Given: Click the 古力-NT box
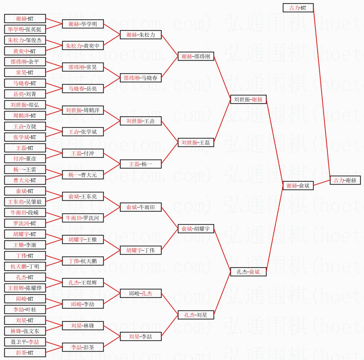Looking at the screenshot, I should click(298, 8).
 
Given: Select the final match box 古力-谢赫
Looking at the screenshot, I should click(345, 180).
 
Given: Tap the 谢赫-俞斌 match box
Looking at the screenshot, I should click(298, 186).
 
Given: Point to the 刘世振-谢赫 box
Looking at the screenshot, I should click(248, 99).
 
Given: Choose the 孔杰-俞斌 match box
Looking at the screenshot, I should click(248, 272).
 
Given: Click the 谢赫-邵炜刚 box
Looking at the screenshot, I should click(196, 56).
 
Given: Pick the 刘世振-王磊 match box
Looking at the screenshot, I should click(196, 142).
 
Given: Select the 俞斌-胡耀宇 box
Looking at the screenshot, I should click(196, 229).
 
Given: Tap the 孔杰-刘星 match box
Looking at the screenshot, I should click(196, 315).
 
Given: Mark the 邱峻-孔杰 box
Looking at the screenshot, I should click(141, 293).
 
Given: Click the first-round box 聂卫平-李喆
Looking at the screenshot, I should click(25, 342).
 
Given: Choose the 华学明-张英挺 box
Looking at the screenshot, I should click(25, 29).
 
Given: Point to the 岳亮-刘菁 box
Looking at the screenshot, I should click(25, 94).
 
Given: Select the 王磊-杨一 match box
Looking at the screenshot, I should click(141, 164).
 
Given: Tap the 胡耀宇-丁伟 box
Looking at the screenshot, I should click(141, 250).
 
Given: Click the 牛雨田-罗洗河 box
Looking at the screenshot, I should click(82, 218).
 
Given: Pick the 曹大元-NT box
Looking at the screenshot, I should click(25, 180).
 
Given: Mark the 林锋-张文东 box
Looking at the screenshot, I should click(25, 331).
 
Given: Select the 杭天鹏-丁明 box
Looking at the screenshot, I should click(25, 266).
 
